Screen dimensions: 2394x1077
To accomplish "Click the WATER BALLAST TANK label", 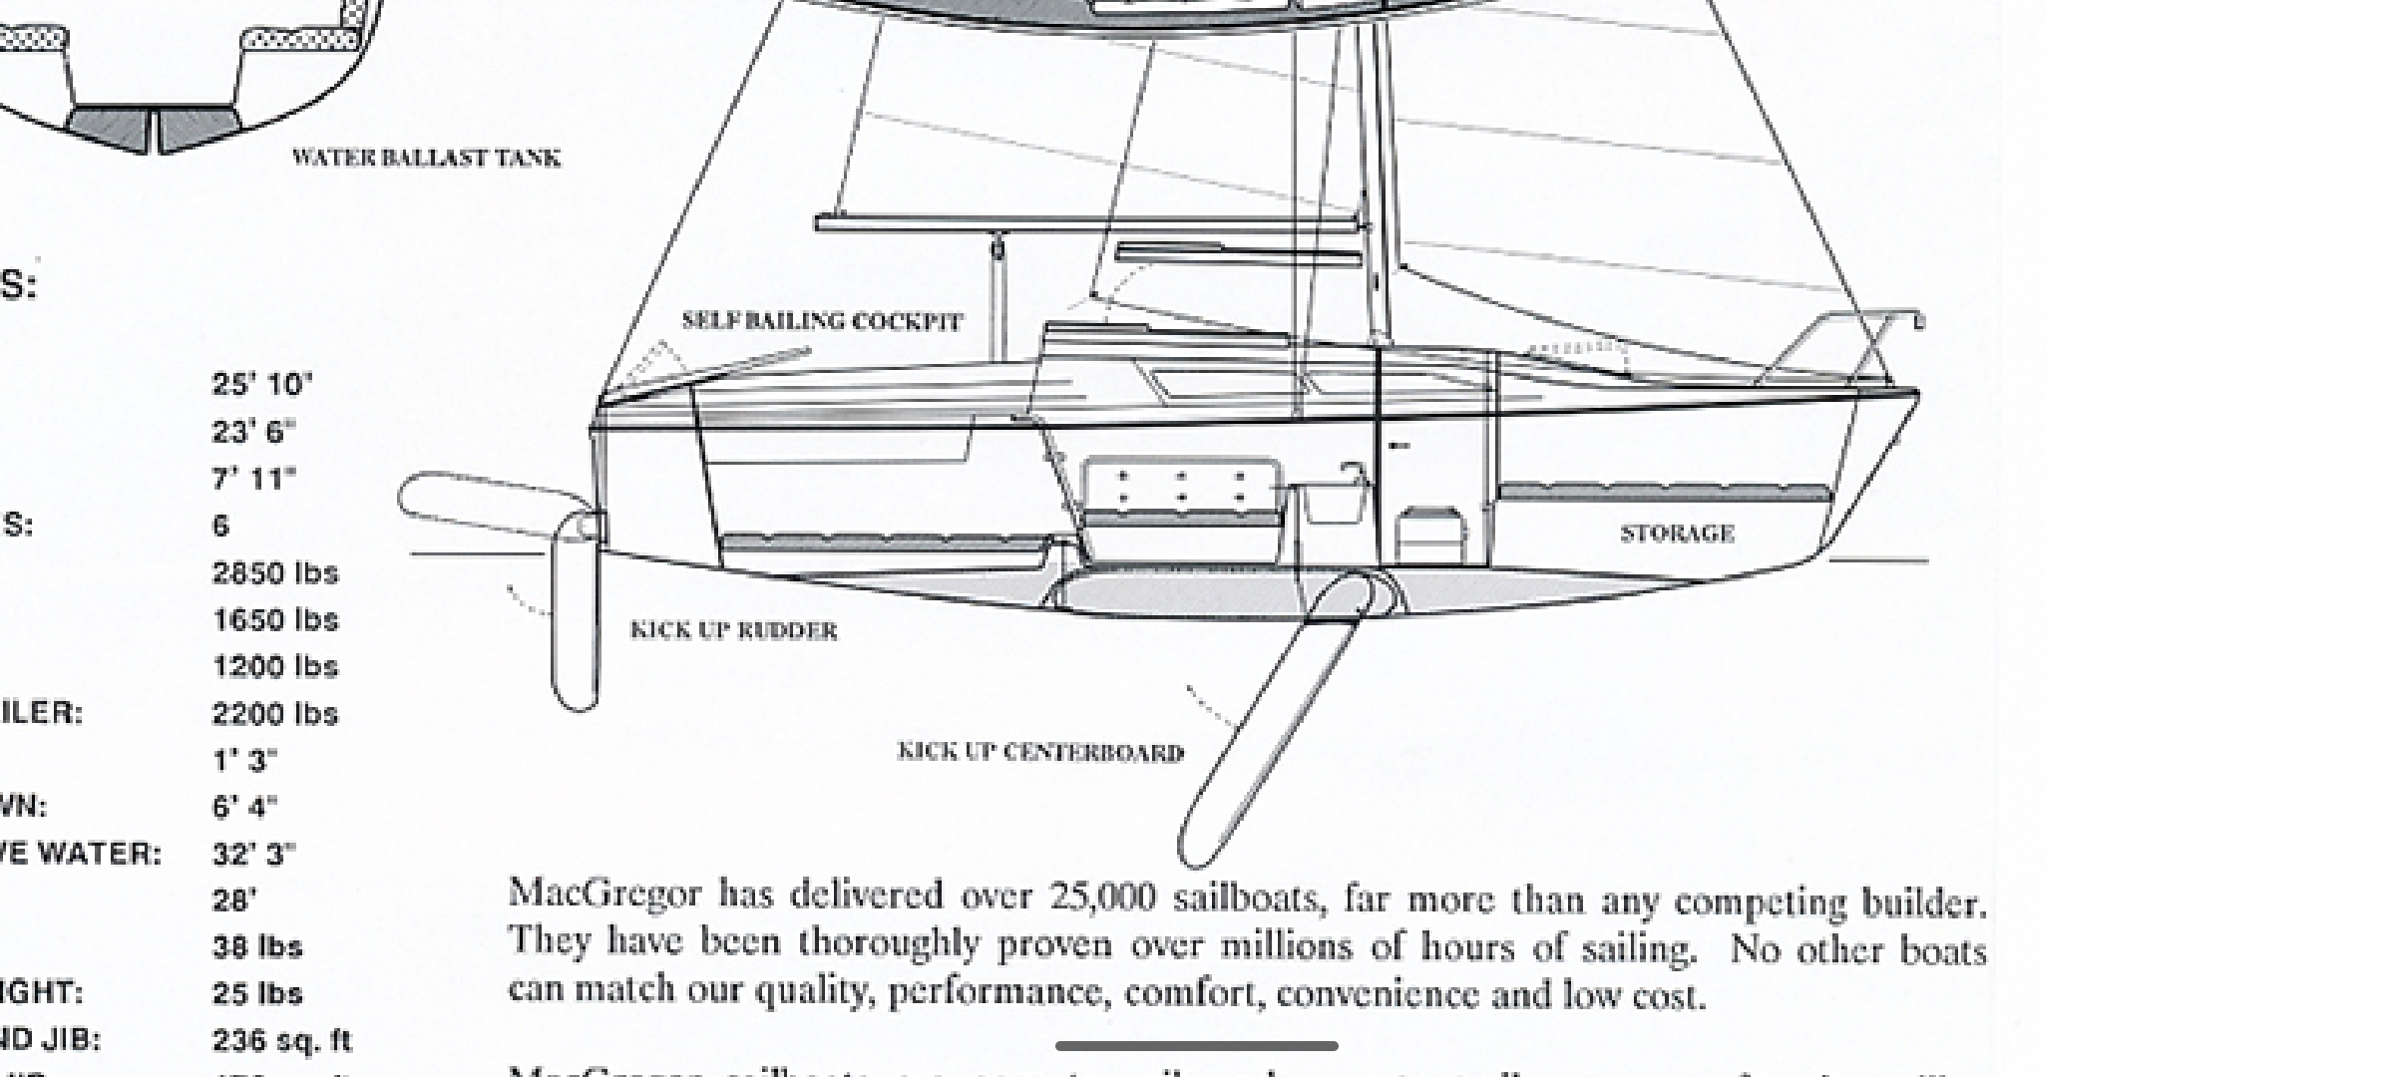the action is tap(426, 158).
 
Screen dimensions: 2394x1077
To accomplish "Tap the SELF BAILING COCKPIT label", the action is tap(822, 321).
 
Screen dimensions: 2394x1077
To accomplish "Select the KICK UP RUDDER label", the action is tap(734, 630).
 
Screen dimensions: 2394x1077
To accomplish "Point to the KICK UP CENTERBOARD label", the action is tap(1040, 752).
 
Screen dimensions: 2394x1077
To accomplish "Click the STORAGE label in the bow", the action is tap(1677, 534).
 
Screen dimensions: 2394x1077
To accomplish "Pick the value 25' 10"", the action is tap(262, 385).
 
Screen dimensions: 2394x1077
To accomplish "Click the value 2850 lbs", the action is tap(275, 573).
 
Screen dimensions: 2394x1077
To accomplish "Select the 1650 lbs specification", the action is tap(275, 620).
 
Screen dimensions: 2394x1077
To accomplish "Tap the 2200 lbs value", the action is tap(275, 714).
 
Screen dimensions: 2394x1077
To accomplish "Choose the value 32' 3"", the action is tap(254, 855).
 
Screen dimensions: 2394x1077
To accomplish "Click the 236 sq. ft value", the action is tap(282, 1041).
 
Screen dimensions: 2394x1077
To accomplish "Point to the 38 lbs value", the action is tap(257, 947).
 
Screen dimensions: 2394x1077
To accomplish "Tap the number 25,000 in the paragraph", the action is tap(1103, 897).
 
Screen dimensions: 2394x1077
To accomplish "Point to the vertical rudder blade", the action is tap(576, 628).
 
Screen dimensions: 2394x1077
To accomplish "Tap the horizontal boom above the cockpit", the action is tap(1087, 223).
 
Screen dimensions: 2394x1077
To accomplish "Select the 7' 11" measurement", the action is tap(254, 480).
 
